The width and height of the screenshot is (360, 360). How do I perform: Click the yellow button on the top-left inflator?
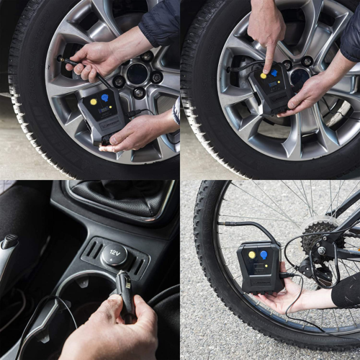point(94,102)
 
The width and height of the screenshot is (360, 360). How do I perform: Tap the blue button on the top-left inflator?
point(104,97)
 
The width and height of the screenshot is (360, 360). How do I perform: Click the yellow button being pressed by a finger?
point(264,75)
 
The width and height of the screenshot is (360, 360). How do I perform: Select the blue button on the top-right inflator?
point(274,73)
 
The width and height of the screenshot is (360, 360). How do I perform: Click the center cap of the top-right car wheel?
point(300,76)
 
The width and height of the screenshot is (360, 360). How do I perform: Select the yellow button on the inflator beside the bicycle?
point(251,254)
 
